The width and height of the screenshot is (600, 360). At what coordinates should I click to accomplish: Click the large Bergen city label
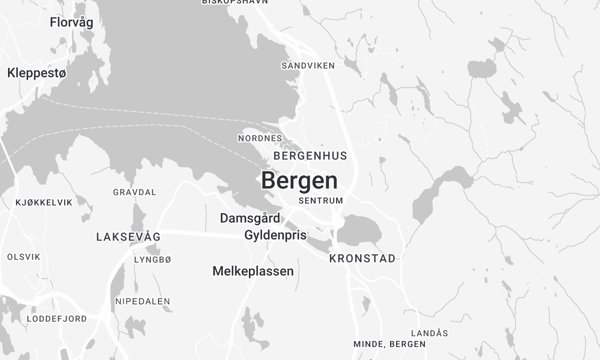click(x=299, y=181)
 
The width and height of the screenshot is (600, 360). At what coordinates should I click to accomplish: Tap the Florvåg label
click(x=72, y=21)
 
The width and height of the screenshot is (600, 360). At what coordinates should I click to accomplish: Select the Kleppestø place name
click(x=37, y=73)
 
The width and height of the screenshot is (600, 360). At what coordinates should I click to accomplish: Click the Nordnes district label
click(x=261, y=138)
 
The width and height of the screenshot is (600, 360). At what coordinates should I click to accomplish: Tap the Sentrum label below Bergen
click(x=321, y=201)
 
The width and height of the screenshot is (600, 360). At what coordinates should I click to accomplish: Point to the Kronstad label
click(x=362, y=258)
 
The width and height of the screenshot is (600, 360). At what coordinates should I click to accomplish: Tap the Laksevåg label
click(x=128, y=237)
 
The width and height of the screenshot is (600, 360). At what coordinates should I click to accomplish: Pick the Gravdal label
click(x=135, y=192)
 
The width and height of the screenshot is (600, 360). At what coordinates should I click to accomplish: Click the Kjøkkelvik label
click(x=44, y=202)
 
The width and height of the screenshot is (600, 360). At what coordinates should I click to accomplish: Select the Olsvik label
click(x=24, y=257)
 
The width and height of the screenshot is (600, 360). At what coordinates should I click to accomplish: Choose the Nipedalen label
click(x=142, y=301)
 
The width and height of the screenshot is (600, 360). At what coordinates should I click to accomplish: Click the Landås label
click(x=429, y=333)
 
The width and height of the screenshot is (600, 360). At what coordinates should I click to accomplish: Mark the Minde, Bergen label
click(x=390, y=345)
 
